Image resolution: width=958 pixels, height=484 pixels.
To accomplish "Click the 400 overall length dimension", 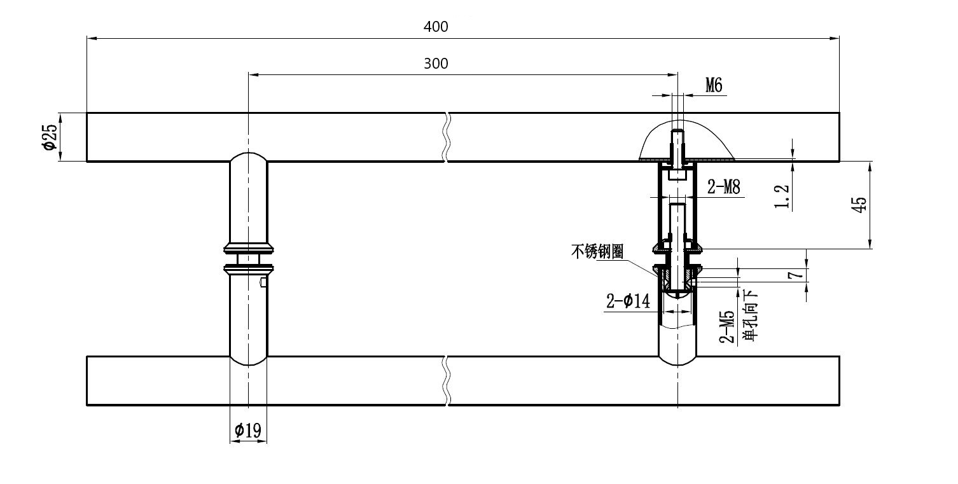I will (x=436, y=27).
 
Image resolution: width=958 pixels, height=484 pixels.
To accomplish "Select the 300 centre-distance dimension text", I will (x=436, y=64).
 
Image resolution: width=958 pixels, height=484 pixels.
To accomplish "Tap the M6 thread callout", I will (x=714, y=86).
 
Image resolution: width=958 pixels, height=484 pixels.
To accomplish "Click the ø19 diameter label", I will (x=247, y=431).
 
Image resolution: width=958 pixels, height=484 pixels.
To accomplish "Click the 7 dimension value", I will (x=791, y=275).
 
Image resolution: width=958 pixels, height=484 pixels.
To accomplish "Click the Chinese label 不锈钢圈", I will (x=597, y=252).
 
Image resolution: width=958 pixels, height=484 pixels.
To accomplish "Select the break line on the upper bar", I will (x=447, y=137).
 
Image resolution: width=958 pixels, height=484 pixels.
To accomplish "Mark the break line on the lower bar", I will (x=447, y=380).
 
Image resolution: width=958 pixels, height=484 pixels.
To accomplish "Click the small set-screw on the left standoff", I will (x=263, y=282).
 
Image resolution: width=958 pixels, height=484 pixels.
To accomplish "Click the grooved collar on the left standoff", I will (x=248, y=258).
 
